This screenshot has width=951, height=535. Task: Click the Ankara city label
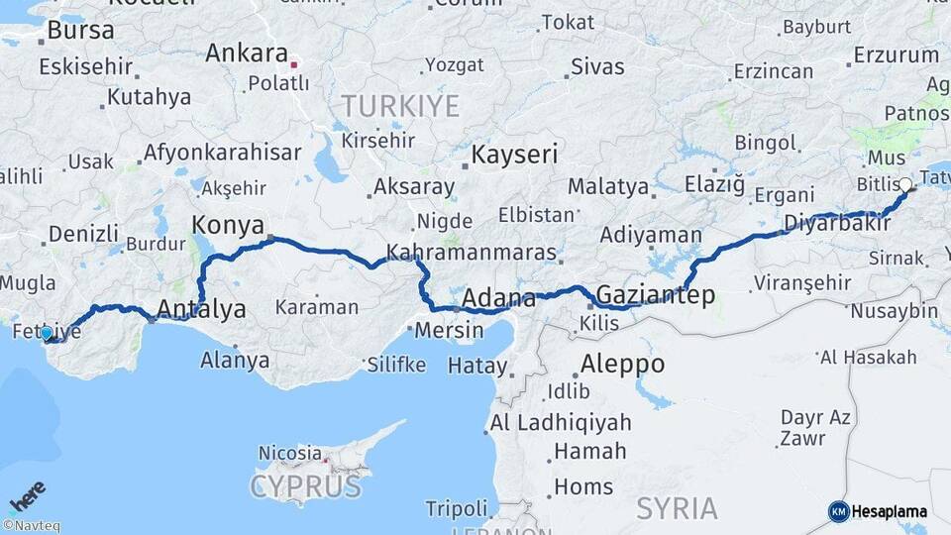pos(246,53)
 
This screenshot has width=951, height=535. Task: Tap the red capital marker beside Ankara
pos(294,67)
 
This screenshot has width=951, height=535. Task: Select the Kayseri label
pos(514,155)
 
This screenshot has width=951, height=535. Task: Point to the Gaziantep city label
pos(654,295)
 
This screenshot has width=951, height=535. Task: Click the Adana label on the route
pos(499,297)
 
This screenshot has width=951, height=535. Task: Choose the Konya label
pos(228,224)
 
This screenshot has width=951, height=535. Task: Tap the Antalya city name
pos(201,309)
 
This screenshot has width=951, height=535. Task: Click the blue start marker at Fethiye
pos(47,333)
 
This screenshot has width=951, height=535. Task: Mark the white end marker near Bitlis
pos(904,184)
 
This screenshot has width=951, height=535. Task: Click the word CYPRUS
pos(305,486)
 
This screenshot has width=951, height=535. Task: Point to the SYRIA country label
pos(677,508)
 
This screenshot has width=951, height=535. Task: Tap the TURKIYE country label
pos(400,106)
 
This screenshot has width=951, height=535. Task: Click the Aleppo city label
pos(622,364)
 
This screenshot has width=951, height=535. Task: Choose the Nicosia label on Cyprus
pos(289,453)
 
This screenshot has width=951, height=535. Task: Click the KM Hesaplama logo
pos(878,511)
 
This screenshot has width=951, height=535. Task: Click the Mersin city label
pos(449,330)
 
